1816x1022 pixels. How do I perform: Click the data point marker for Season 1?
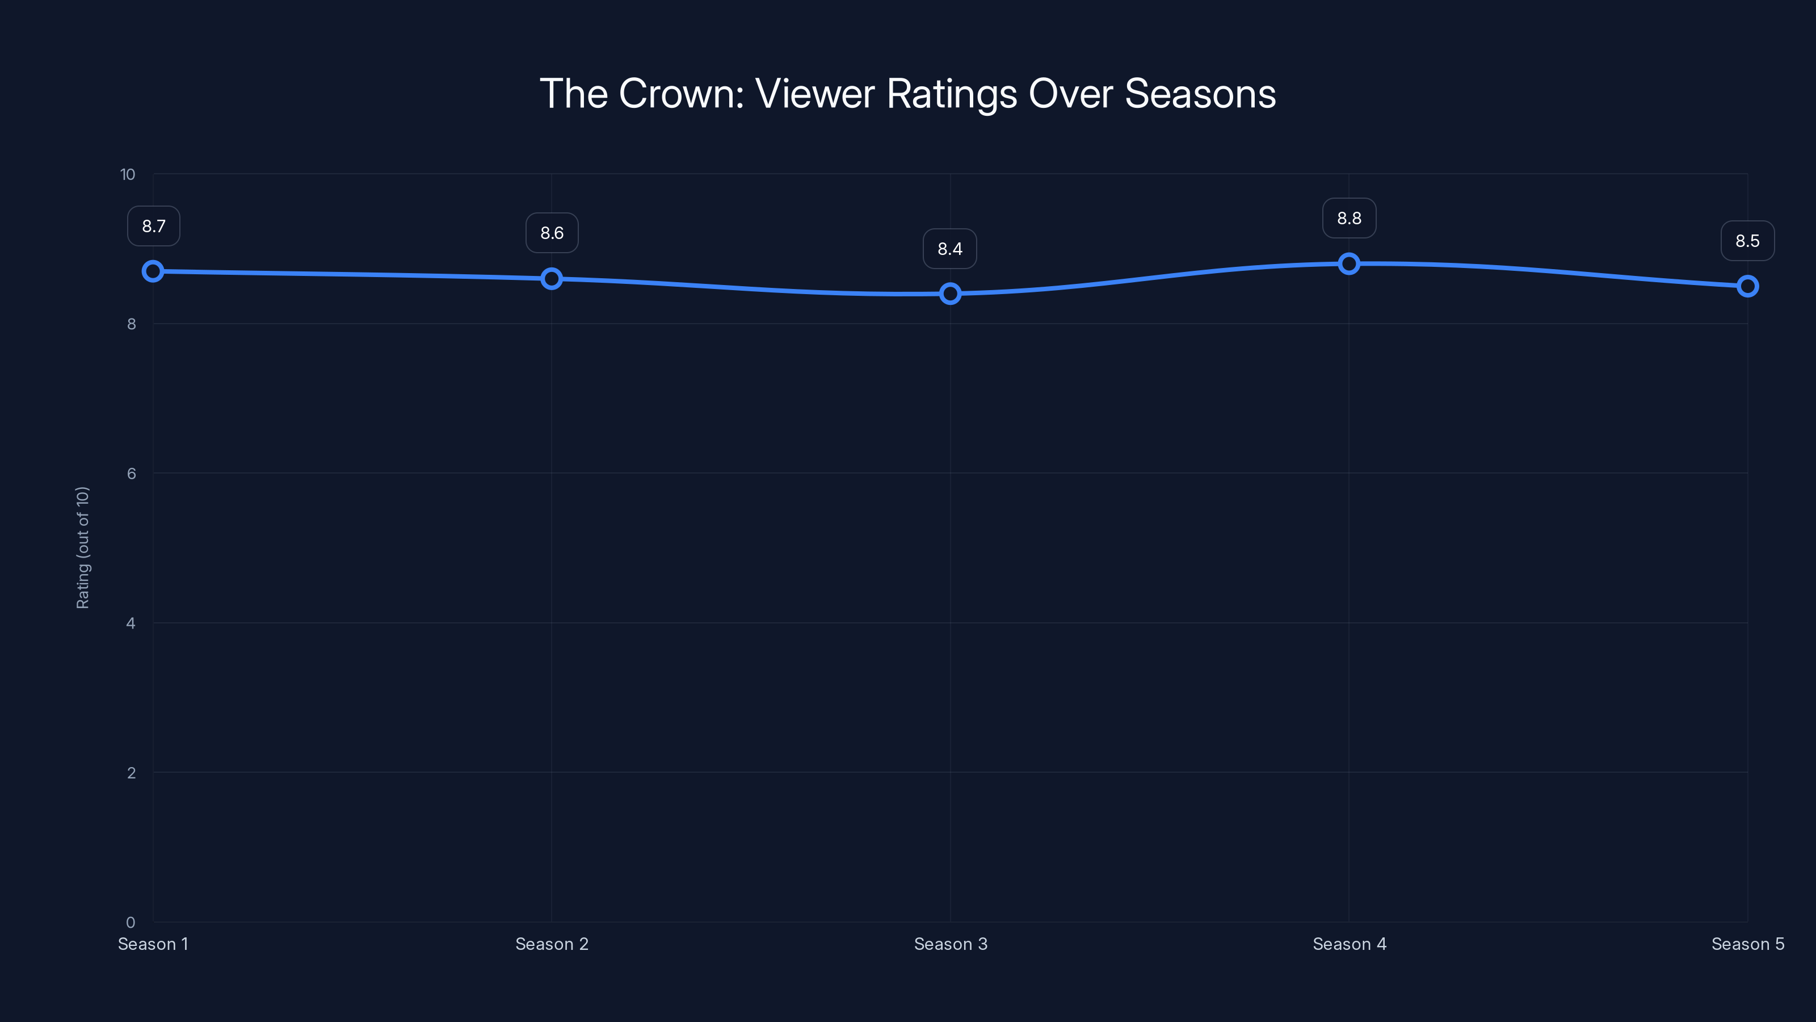153,271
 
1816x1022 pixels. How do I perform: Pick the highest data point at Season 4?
1348,264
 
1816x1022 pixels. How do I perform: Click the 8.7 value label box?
154,227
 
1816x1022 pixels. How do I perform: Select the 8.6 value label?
552,233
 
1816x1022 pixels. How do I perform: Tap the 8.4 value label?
949,249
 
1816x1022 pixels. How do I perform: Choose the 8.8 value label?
1348,219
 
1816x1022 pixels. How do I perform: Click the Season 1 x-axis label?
153,944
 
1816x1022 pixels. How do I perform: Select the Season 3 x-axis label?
951,944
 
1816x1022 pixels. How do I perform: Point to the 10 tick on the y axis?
128,174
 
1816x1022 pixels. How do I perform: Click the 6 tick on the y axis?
131,474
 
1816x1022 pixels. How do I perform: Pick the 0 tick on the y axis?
131,922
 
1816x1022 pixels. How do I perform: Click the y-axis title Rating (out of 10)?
82,547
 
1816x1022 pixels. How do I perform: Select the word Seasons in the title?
1200,94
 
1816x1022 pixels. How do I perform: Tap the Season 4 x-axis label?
1348,944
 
